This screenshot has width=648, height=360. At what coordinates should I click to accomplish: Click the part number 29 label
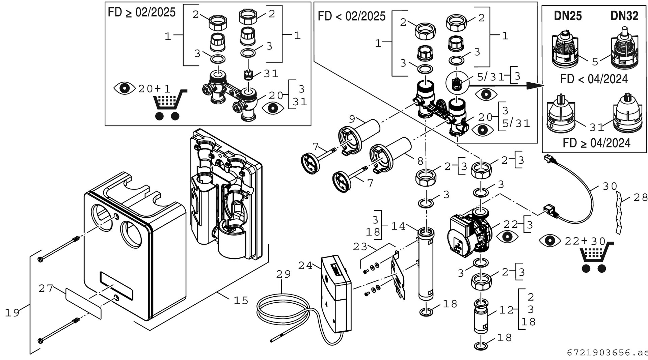[x=283, y=274]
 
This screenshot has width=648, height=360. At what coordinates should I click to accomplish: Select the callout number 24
[x=305, y=266]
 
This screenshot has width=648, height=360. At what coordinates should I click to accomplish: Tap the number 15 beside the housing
[x=241, y=300]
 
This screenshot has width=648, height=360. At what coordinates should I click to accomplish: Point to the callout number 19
[x=12, y=313]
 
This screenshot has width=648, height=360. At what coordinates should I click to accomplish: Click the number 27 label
[x=46, y=288]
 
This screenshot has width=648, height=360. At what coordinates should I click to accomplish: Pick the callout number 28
[x=640, y=197]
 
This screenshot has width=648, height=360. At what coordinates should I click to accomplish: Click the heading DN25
[x=568, y=16]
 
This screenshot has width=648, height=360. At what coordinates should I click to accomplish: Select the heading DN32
[x=624, y=16]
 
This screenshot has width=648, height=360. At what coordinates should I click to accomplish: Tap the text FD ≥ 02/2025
[x=142, y=12]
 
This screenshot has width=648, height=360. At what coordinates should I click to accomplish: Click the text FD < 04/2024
[x=594, y=79]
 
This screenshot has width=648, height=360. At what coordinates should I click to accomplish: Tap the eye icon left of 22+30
[x=550, y=241]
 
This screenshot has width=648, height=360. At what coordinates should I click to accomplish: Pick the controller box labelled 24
[x=336, y=294]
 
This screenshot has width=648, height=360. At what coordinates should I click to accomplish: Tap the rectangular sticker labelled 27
[x=83, y=304]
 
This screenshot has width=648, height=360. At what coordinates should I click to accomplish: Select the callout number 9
[x=352, y=119]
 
